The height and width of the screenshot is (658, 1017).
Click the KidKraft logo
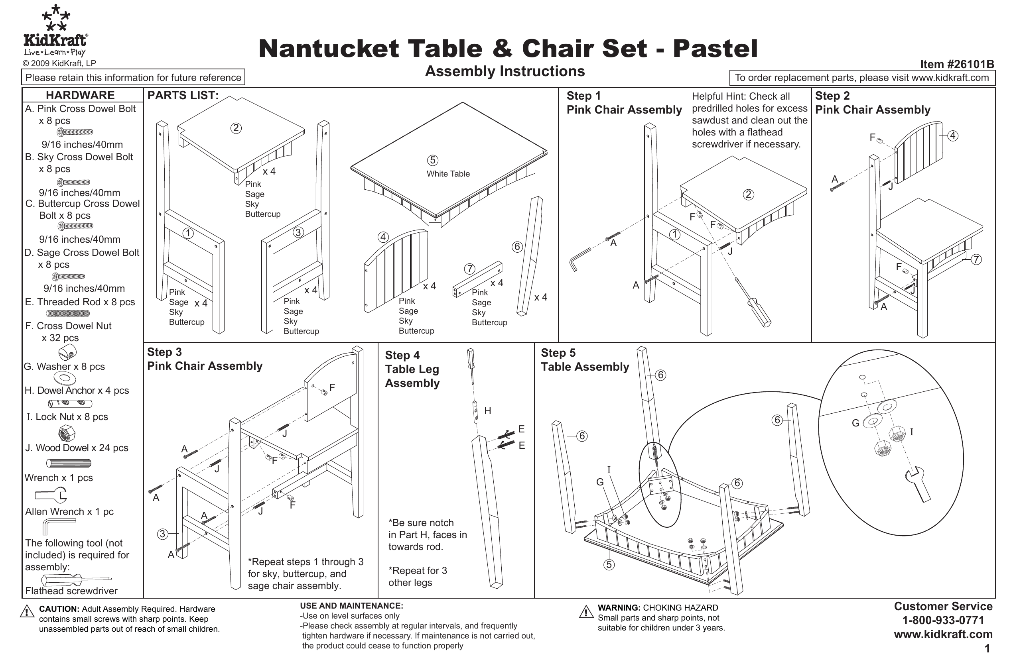coord(55,32)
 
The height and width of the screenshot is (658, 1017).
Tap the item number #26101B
coord(957,64)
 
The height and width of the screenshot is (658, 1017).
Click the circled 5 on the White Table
coord(432,160)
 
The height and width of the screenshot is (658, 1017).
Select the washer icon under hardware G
coord(65,378)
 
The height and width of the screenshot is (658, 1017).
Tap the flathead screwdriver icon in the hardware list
coord(75,579)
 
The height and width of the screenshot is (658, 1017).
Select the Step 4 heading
coord(402,355)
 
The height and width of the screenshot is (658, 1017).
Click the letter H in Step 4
coord(487,411)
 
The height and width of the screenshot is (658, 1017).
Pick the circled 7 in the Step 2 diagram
coord(976,259)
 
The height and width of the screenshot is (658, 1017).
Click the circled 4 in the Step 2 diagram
coord(952,136)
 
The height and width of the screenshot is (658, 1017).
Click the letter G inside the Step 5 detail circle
coord(855,423)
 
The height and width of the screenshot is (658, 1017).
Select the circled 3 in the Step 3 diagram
coord(162,534)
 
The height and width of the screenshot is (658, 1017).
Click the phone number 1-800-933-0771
coord(943,620)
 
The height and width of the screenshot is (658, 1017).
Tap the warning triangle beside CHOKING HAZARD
coord(585,612)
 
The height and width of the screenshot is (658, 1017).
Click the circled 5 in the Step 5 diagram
coord(609,564)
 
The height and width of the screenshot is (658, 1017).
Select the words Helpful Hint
coord(719,96)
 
